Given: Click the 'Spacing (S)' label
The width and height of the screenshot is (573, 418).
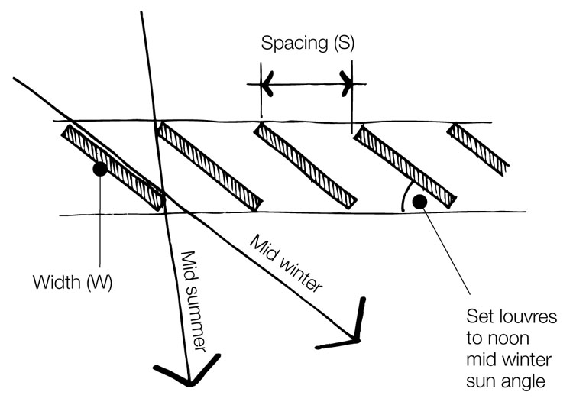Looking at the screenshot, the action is click(x=308, y=43).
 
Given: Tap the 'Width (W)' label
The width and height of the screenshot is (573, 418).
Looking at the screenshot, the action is click(x=73, y=283).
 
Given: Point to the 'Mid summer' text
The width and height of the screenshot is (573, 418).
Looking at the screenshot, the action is click(x=194, y=301).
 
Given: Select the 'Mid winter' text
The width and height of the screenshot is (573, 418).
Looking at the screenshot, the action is click(x=286, y=264).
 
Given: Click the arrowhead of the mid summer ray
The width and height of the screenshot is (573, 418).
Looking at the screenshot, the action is click(x=188, y=373).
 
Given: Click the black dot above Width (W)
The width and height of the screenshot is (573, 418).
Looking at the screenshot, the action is click(x=100, y=169).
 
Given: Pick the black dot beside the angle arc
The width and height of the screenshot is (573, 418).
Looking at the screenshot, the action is click(x=419, y=202).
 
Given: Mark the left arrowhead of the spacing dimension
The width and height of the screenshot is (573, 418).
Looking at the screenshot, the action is click(x=267, y=84).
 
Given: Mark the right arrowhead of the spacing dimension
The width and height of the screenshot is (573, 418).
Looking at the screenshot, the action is click(x=346, y=84).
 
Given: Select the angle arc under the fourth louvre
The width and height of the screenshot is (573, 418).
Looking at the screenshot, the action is click(x=404, y=196).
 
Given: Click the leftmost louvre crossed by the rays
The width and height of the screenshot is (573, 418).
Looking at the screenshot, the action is click(x=112, y=167).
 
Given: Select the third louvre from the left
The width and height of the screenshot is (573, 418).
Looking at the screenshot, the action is click(x=305, y=166).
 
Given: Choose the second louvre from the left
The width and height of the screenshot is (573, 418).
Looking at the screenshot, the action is click(x=210, y=167).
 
